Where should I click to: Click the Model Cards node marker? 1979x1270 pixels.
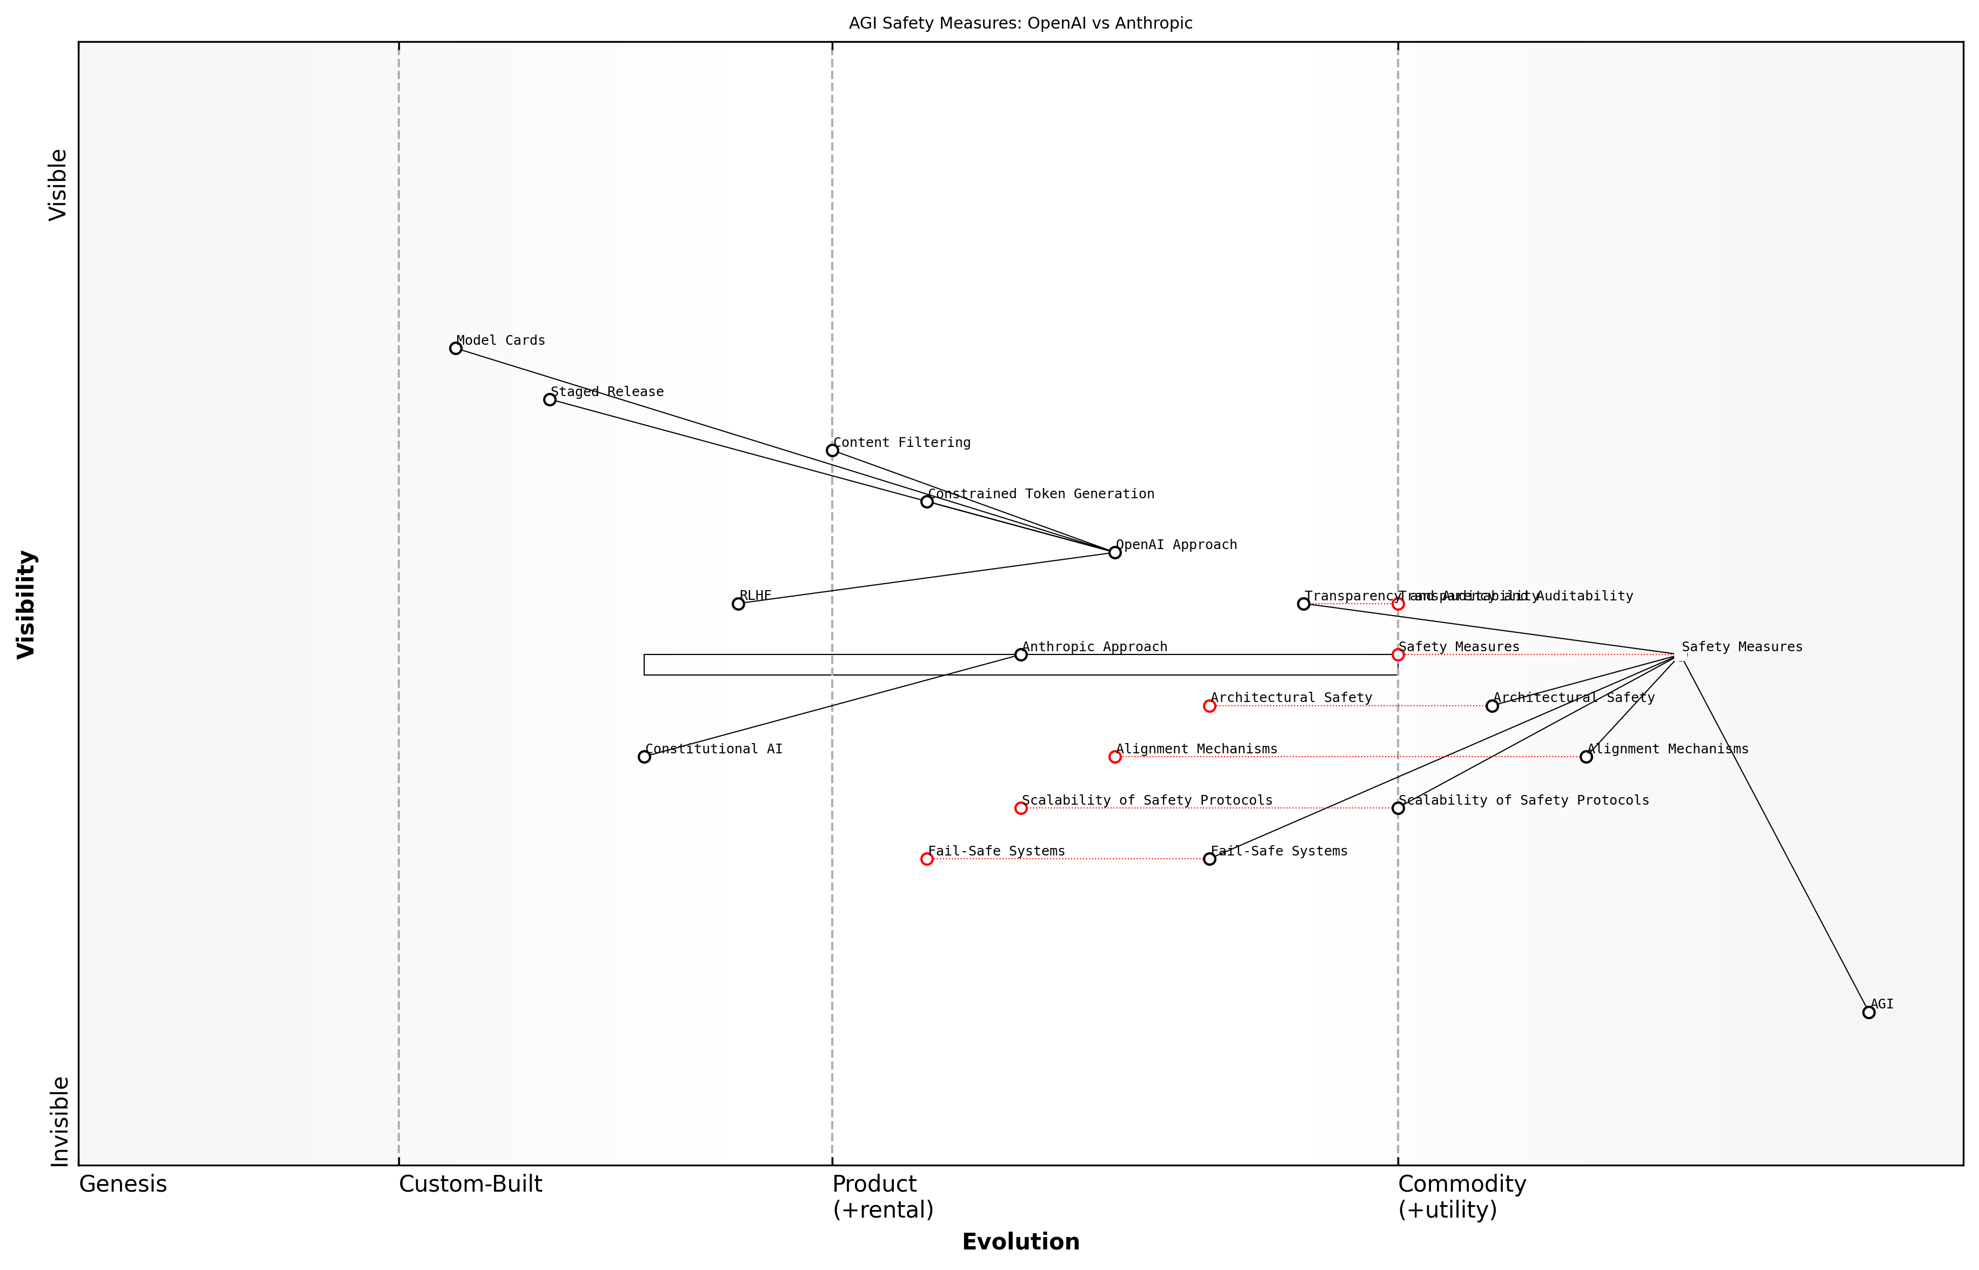pos(455,348)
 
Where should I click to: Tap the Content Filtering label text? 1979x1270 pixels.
pos(902,443)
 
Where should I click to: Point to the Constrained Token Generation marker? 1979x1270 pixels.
pos(927,502)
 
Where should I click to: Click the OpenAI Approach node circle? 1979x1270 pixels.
pos(1115,552)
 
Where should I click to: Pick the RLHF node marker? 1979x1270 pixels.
pos(738,604)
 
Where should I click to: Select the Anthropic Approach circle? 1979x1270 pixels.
pos(1021,655)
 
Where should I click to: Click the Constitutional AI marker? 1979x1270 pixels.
pos(644,757)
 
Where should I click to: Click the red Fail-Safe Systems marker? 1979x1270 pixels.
pos(927,859)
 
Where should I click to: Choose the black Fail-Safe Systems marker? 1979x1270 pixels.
pos(1209,859)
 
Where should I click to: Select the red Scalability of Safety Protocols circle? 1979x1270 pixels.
pos(1021,808)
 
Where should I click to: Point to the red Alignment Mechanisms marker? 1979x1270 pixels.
pos(1115,757)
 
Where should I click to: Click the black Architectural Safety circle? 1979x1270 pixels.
pos(1492,706)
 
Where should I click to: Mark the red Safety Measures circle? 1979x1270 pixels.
pos(1398,655)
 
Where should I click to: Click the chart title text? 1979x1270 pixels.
pos(1021,23)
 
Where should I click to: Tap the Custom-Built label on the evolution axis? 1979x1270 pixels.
pos(470,1184)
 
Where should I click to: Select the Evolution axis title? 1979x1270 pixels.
pos(1021,1242)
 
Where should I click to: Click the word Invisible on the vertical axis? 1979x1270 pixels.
pos(58,1121)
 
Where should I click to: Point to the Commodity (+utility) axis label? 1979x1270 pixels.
pos(1461,1197)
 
